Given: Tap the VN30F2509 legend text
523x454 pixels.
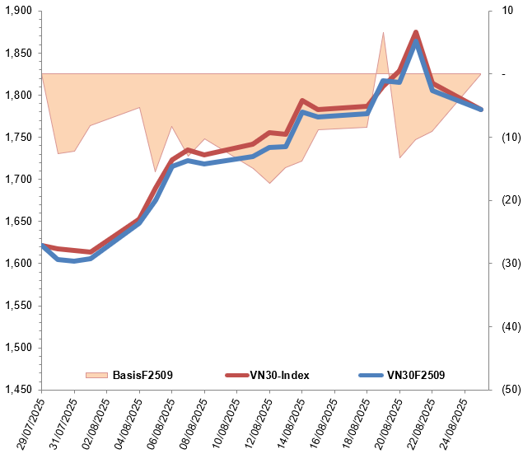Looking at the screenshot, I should point(416,376).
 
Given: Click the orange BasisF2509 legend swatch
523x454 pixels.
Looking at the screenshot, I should point(96,376).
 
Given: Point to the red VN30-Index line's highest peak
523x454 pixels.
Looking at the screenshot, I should point(416,32).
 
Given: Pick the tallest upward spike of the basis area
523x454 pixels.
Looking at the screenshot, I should point(383,32).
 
